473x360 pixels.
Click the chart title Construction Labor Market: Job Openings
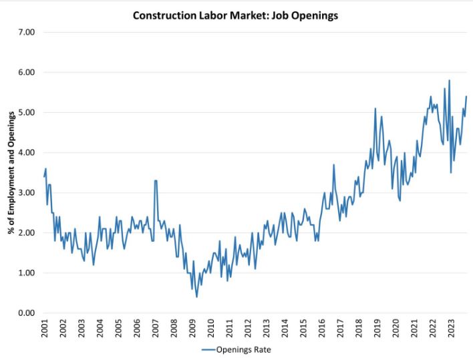[236, 15]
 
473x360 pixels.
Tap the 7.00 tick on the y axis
[25, 32]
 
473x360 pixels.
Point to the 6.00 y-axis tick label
[25, 72]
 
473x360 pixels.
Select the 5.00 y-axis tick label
[25, 112]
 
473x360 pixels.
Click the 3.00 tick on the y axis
[25, 192]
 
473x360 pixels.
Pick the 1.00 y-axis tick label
[25, 273]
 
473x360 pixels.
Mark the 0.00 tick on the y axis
[25, 313]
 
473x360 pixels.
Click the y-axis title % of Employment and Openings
[11, 172]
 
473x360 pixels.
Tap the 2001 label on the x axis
[44, 329]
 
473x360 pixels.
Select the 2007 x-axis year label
[155, 329]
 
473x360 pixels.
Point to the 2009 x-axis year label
[192, 329]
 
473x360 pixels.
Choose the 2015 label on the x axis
[303, 329]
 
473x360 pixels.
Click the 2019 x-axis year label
[376, 329]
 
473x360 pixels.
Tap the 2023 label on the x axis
[450, 329]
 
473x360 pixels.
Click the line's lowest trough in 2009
[196, 297]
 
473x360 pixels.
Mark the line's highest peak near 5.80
[449, 80]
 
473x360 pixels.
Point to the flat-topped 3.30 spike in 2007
[156, 180]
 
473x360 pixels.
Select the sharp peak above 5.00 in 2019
[375, 108]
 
